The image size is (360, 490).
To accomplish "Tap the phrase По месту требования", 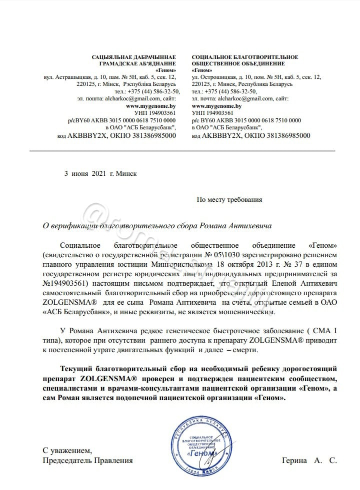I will coord(229,199).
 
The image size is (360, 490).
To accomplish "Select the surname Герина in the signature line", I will coord(295,461).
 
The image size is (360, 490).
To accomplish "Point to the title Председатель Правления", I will coord(88,461).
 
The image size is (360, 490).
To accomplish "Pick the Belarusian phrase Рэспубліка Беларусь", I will coord(149,84).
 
